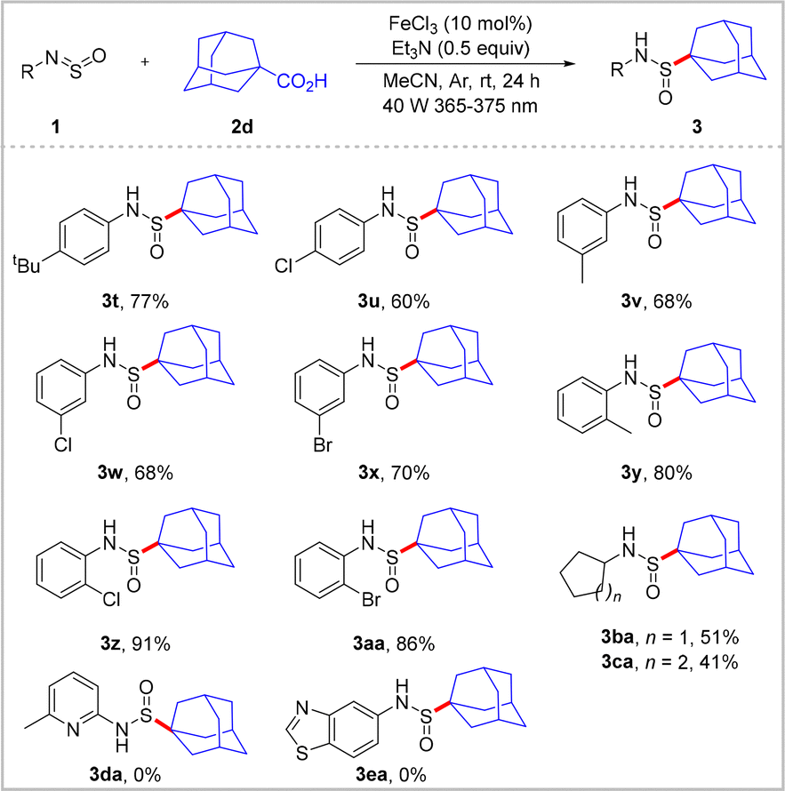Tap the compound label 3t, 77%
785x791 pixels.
(x=133, y=302)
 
